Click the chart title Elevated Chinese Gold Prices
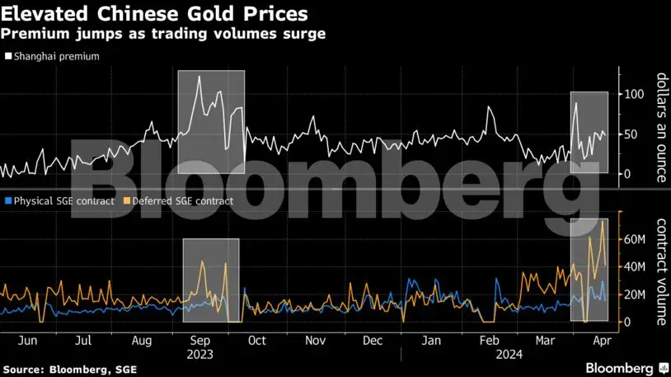(x=155, y=14)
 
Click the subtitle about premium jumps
(x=163, y=34)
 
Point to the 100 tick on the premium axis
(x=633, y=94)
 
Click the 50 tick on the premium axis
(x=631, y=134)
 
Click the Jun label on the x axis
(x=27, y=340)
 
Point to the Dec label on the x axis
(x=372, y=340)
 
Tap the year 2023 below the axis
(x=200, y=354)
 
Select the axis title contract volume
(x=661, y=271)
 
